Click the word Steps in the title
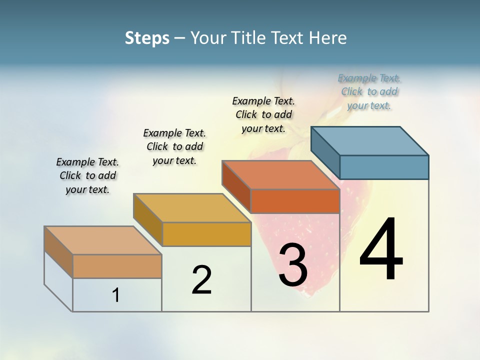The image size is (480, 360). click(147, 38)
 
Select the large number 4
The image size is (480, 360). click(381, 250)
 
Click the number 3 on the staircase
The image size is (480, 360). click(293, 265)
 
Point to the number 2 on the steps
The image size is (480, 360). click(201, 280)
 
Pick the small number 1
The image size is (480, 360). click(116, 295)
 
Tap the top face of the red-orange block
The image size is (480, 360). click(280, 175)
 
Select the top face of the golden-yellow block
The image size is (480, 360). click(192, 208)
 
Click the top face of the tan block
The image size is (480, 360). click(103, 240)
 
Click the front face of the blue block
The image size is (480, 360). click(384, 167)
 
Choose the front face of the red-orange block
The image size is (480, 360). click(295, 201)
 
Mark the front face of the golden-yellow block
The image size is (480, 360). click(206, 234)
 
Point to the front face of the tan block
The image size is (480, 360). click(117, 266)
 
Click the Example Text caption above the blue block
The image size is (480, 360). click(369, 92)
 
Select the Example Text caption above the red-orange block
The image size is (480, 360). click(263, 115)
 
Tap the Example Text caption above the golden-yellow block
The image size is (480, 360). click(174, 146)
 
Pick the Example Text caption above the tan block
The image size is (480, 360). click(87, 175)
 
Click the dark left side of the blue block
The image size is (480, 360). click(325, 152)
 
